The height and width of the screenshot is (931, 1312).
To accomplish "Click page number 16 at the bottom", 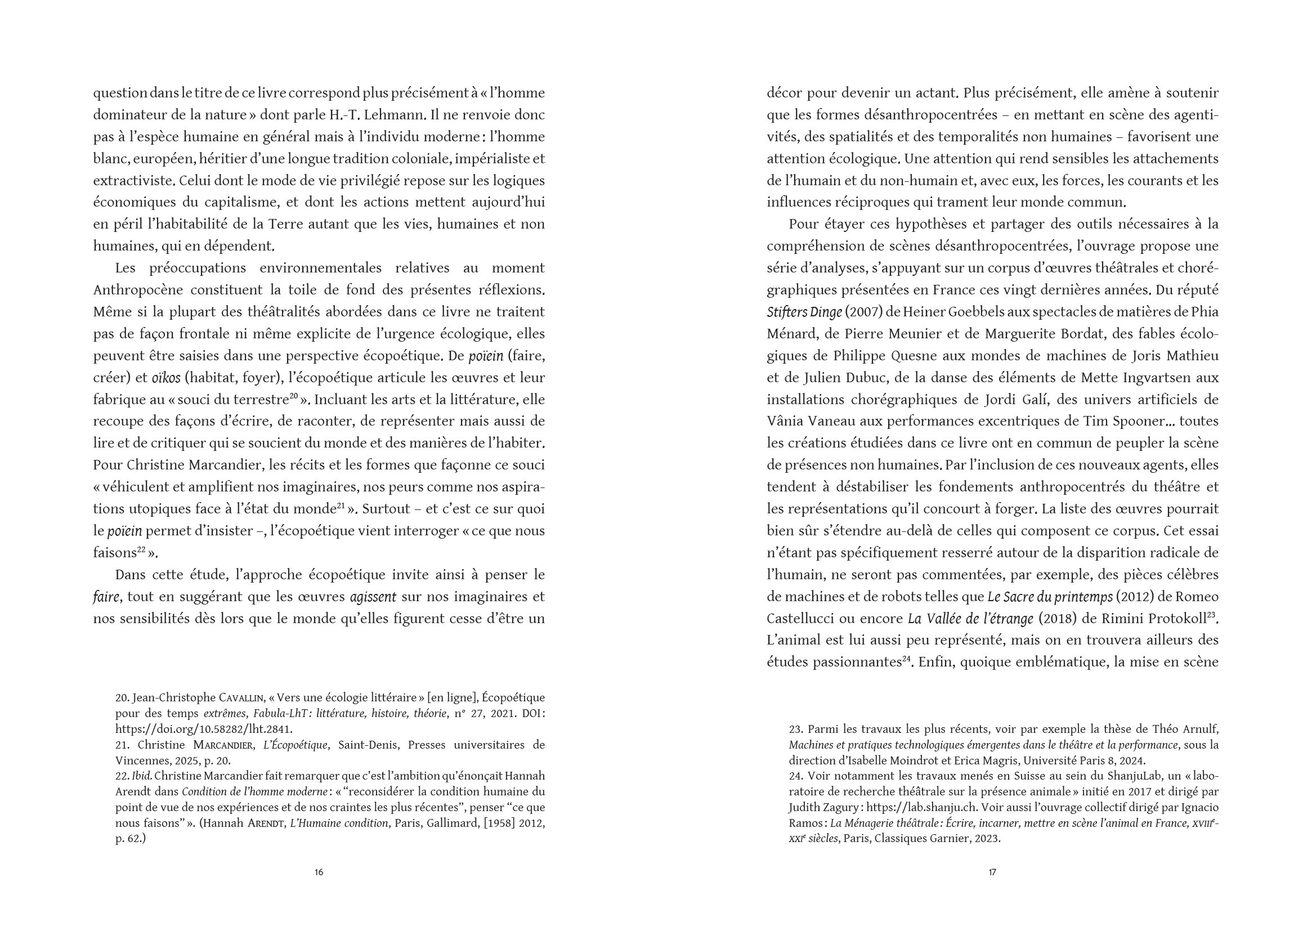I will coord(319,872).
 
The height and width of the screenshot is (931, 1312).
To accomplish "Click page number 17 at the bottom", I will coord(992,872).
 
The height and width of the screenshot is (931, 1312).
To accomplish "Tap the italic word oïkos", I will coord(166,378).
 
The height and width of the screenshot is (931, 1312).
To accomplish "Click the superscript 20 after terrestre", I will coord(293,396).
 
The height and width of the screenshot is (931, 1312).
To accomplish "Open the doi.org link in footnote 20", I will coord(204,729).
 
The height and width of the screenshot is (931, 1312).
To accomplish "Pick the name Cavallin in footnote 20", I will coord(240,698).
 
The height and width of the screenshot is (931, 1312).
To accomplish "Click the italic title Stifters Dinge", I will coord(804,312).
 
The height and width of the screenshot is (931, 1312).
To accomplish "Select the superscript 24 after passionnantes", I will coord(907,659).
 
